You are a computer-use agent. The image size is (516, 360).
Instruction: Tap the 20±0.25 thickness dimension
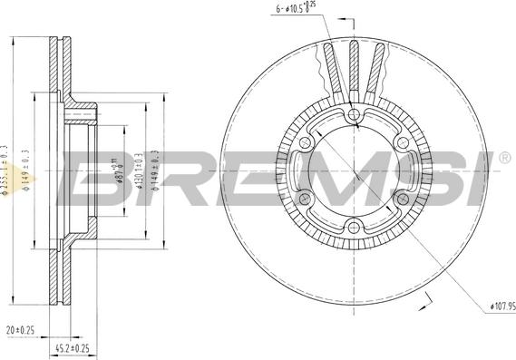coord(20,331)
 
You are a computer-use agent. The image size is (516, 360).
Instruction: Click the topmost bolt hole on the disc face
coord(355,114)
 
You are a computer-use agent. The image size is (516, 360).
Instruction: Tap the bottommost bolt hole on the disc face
coord(355,228)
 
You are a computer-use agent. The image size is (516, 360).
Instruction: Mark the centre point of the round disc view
coord(355,171)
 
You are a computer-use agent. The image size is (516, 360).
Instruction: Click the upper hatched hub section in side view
coord(82,112)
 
